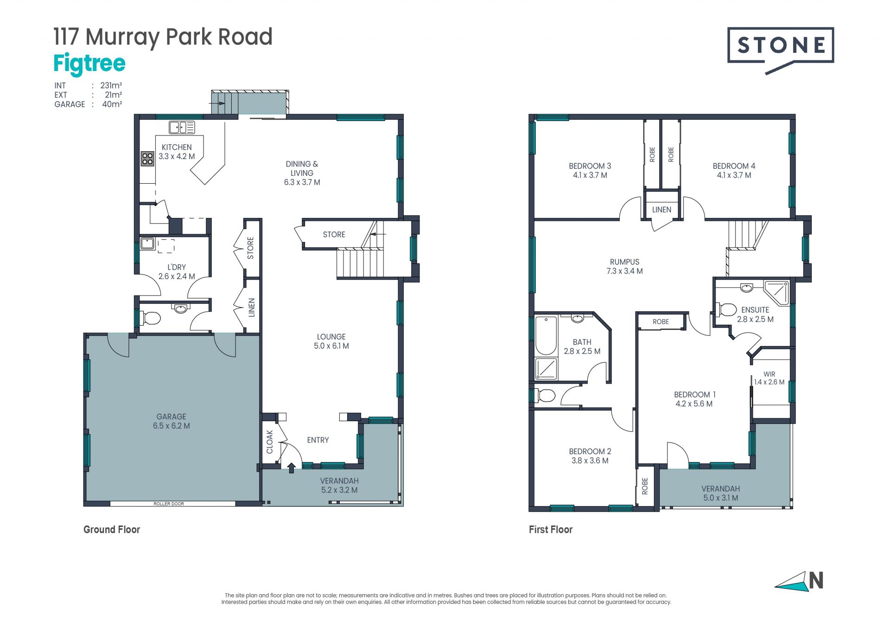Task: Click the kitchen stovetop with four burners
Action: (x=147, y=159)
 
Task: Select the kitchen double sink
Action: (x=182, y=127)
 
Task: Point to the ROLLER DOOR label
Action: (x=169, y=504)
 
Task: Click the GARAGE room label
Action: (x=171, y=417)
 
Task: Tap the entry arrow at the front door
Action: (x=292, y=468)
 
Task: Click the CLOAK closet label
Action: (x=270, y=442)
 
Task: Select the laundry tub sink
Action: (x=148, y=244)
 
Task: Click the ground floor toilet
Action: (x=150, y=318)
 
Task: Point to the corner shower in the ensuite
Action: (x=776, y=293)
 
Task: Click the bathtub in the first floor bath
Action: (x=546, y=335)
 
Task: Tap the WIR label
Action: (x=769, y=374)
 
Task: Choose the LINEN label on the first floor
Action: (x=661, y=210)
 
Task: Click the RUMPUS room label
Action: (x=624, y=262)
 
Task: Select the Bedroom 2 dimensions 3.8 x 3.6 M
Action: (x=590, y=461)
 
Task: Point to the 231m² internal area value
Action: (x=111, y=85)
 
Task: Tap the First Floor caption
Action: (x=551, y=529)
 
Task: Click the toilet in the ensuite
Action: (x=726, y=309)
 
